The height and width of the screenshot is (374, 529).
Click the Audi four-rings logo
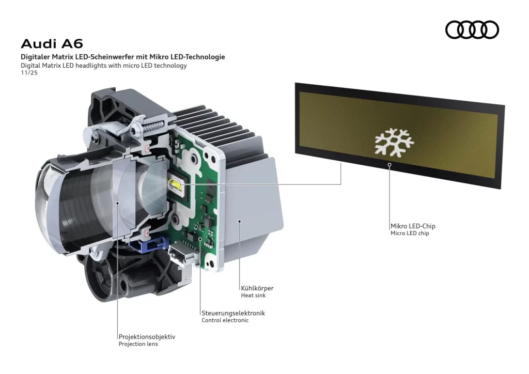(472, 29)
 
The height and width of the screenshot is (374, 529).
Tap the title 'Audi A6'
(52, 43)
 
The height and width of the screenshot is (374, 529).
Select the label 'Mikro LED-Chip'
(416, 226)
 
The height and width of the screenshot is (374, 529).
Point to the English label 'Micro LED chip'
(410, 233)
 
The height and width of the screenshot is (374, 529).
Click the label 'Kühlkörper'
(257, 288)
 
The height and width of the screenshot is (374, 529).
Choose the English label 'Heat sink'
(253, 295)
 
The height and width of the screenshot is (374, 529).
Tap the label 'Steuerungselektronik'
(233, 313)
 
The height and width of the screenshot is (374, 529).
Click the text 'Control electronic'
(225, 320)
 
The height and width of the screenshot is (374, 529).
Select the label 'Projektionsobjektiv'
(147, 336)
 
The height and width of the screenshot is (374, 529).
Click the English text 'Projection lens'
(138, 344)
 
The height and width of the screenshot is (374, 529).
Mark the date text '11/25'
(29, 73)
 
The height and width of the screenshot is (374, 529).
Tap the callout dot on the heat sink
(239, 221)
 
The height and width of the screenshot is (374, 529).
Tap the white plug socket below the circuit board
(181, 255)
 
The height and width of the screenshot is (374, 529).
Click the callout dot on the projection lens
(118, 203)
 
